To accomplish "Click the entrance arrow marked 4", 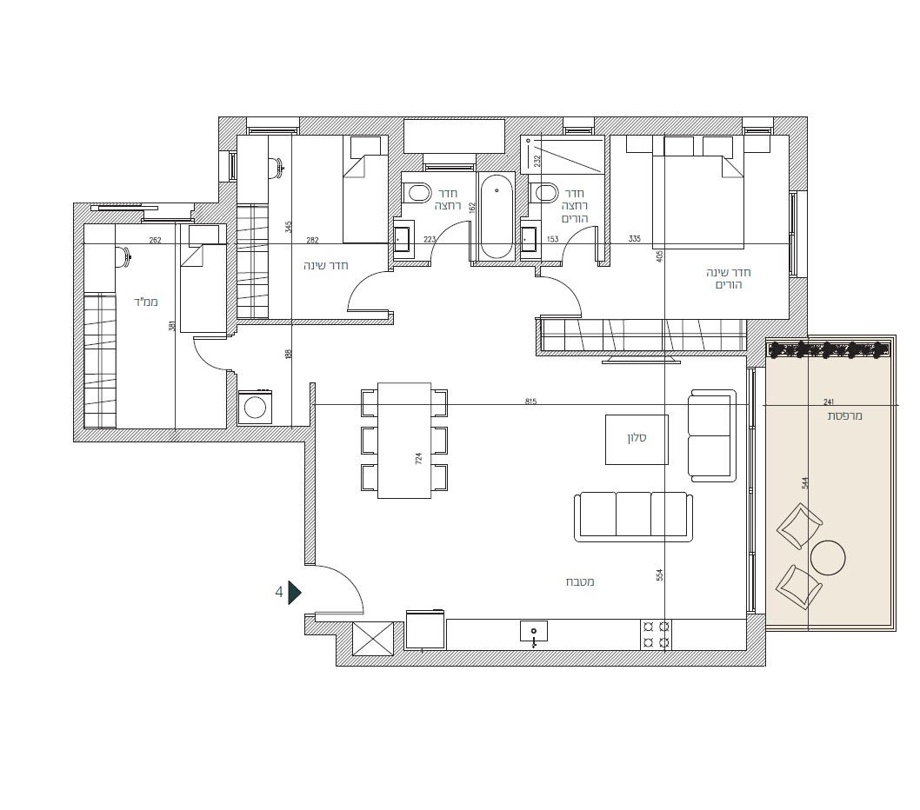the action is [x=294, y=593].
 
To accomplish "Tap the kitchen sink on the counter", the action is [x=534, y=633].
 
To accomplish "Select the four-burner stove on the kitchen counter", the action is [x=656, y=634].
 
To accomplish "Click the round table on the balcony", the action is [x=828, y=557].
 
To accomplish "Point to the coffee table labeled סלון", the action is [x=637, y=439].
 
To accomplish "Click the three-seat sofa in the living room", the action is [x=633, y=517].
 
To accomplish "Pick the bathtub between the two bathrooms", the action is [x=497, y=216].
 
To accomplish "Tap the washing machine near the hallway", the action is [x=255, y=407].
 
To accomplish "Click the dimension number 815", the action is [x=530, y=402].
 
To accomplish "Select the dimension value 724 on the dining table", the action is [x=418, y=459].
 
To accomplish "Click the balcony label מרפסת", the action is [x=845, y=415].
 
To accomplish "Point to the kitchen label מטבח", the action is [x=580, y=581].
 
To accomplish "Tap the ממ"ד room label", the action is [x=145, y=302].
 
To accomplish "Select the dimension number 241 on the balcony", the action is [x=829, y=402].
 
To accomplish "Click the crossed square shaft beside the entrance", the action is [x=372, y=639].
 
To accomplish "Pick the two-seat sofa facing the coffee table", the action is [x=712, y=435].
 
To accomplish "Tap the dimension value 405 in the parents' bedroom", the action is [x=659, y=256].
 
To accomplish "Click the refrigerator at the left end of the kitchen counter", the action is [x=425, y=629].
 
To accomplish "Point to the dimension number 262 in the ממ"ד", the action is [x=155, y=241].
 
